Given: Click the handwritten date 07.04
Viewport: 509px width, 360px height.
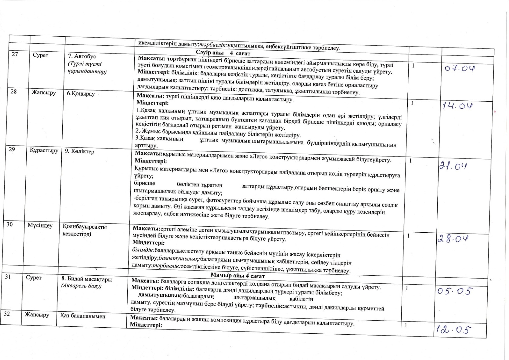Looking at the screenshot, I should pyautogui.click(x=460, y=69).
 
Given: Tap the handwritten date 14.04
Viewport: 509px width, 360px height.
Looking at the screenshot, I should pyautogui.click(x=457, y=106).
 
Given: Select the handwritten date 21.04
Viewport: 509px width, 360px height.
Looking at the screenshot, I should pyautogui.click(x=453, y=166).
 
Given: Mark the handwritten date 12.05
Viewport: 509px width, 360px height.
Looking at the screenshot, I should pyautogui.click(x=452, y=329).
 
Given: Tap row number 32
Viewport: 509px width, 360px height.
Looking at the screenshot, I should pyautogui.click(x=7, y=314).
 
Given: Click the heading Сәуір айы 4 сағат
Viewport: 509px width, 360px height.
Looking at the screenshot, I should pyautogui.click(x=223, y=53).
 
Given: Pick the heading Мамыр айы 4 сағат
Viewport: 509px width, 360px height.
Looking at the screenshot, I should pyautogui.click(x=238, y=276).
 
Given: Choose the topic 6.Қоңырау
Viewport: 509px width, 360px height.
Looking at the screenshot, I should pyautogui.click(x=81, y=94).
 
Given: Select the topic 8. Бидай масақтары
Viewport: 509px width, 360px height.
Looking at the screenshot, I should pyautogui.click(x=86, y=279).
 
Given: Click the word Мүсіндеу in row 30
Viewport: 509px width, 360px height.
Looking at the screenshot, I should pyautogui.click(x=40, y=225).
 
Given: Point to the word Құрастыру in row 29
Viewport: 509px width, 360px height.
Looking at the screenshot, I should pyautogui.click(x=44, y=150).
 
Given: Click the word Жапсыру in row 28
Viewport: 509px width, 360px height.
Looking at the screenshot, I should pyautogui.click(x=44, y=93).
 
